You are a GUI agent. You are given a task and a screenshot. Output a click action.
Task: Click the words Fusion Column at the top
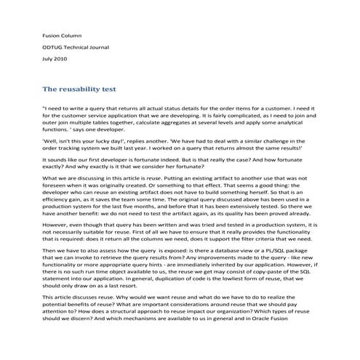pyautogui.click(x=61, y=33)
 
